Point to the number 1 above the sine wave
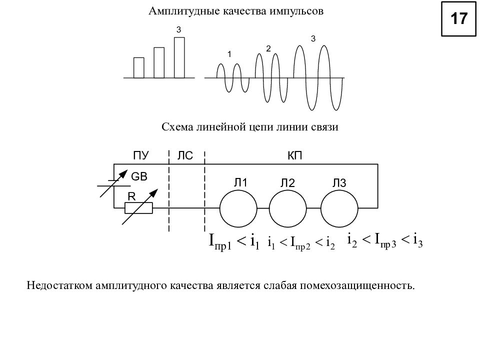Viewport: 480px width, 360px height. pos(229,54)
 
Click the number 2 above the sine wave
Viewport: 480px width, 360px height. pos(268,48)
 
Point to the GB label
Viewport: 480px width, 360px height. pos(139,176)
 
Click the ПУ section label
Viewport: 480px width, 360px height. pos(141,155)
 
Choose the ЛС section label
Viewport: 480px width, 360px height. pos(185,155)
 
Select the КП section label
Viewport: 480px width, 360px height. pos(295,155)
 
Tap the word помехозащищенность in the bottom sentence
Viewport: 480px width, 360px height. pos(357,285)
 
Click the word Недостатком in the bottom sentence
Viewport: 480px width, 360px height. pos(59,285)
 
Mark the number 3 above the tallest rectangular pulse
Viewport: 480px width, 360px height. pos(179,29)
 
